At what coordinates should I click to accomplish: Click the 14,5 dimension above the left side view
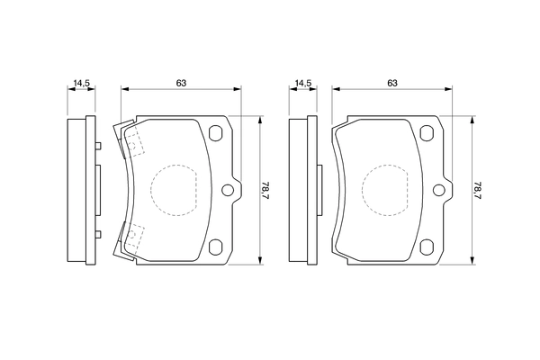tap(82, 84)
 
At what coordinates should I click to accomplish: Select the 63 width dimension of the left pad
tap(181, 83)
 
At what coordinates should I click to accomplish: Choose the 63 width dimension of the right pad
tap(392, 83)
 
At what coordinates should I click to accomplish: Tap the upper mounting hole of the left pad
tap(216, 135)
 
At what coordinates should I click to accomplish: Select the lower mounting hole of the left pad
tap(216, 246)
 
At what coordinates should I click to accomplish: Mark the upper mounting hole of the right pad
tap(427, 135)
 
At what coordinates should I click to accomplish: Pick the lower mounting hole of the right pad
tap(427, 246)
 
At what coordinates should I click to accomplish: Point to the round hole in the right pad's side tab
tap(440, 190)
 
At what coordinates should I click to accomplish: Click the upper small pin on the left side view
tap(95, 146)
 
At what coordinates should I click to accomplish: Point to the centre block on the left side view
tap(96, 190)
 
